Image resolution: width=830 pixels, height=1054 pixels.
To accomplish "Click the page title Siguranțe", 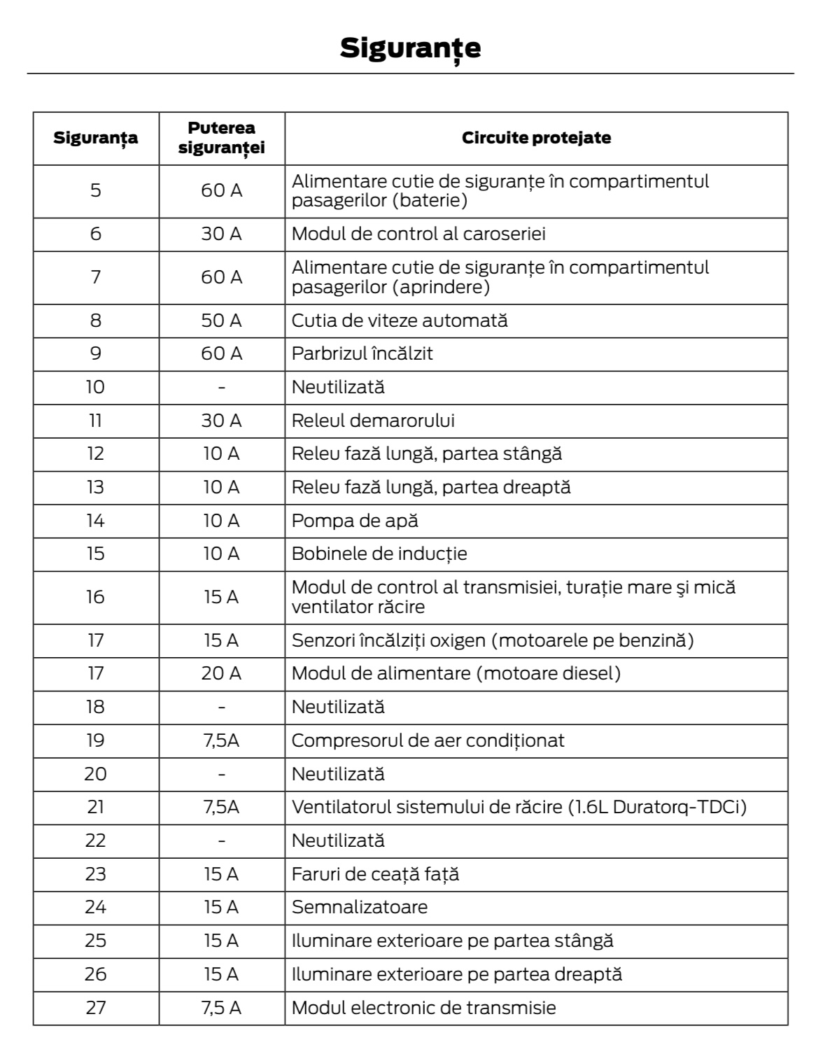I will (410, 48).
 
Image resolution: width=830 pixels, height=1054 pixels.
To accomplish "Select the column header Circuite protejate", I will (536, 138).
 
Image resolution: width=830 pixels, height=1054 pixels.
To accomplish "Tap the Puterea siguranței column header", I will (221, 138).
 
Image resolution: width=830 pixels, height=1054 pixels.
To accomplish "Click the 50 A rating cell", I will (221, 321).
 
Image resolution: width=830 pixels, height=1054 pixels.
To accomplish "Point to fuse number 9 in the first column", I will (96, 353).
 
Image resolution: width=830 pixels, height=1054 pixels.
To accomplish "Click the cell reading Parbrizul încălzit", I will (362, 353).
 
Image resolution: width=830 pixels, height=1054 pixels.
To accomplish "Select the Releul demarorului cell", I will (373, 421).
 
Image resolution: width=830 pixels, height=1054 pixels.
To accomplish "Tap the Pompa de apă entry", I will (355, 521).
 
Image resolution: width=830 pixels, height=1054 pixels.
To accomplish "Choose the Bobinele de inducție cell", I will (379, 554).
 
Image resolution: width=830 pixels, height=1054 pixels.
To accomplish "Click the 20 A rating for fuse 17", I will (221, 673).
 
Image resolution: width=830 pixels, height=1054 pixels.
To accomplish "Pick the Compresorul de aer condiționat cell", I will (428, 740).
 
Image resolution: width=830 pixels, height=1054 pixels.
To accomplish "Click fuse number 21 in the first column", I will (96, 807).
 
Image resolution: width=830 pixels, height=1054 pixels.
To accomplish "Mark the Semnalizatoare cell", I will (359, 907).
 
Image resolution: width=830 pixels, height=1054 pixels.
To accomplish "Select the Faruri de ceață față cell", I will (375, 874).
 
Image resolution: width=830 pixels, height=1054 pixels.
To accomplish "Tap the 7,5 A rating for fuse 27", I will (221, 1008).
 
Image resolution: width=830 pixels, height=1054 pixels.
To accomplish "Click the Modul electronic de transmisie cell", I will (423, 1008).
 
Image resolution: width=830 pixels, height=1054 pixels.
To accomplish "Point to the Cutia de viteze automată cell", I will (399, 321).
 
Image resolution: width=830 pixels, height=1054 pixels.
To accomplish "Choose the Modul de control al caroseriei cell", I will (418, 234).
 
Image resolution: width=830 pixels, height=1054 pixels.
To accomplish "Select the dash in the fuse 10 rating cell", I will (221, 387).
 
